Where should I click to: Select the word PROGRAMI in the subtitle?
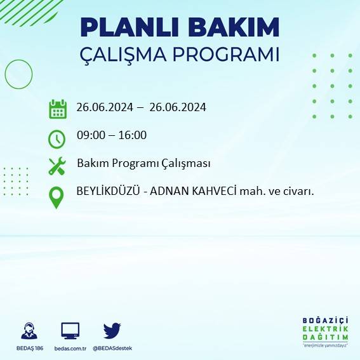click(227, 55)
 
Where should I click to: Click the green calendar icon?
click(58, 109)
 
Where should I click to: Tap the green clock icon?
click(57, 138)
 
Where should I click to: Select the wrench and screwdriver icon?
click(57, 166)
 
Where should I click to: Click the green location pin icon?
click(57, 196)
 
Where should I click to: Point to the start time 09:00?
click(91, 135)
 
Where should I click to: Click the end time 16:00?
click(133, 135)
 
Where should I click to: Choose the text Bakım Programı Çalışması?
click(143, 163)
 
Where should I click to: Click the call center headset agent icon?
click(29, 331)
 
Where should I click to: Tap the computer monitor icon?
click(70, 331)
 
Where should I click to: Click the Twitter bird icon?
click(112, 330)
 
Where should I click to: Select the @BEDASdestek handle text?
click(112, 348)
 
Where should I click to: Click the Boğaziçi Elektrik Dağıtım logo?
click(326, 331)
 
